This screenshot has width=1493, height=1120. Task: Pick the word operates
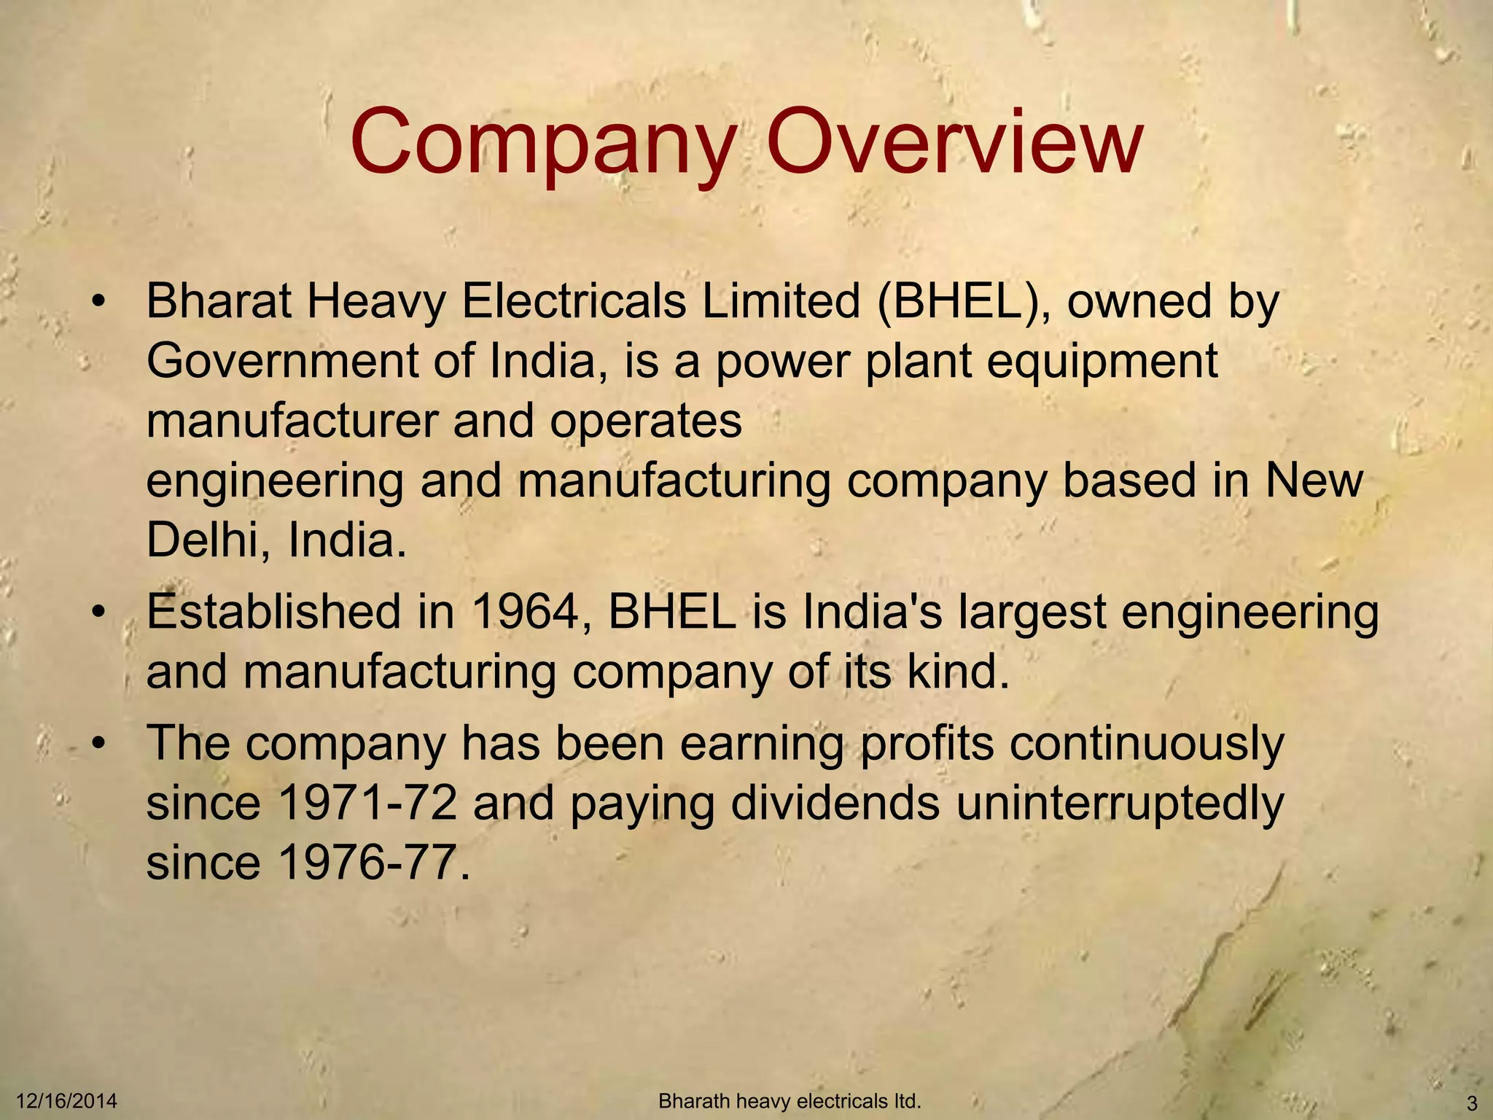coord(646,423)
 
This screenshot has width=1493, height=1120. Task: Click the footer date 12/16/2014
coord(66,1100)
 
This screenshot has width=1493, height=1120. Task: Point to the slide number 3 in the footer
coord(1471,1102)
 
